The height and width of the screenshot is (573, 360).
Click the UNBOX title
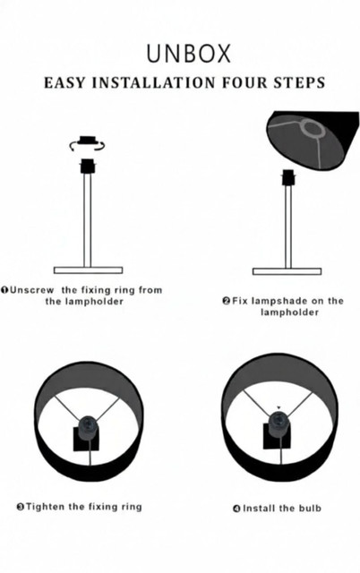coord(189,54)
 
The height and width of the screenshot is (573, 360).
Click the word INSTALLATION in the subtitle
coord(153,82)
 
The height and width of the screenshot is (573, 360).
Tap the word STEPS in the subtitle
coord(299,82)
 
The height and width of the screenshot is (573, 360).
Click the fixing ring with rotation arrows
coord(87,143)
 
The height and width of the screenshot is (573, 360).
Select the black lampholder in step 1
coord(88,167)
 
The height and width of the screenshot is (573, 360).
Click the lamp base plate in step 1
coord(88,270)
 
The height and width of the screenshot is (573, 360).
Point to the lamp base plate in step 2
coord(287,271)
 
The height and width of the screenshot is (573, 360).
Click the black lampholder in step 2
coord(288,177)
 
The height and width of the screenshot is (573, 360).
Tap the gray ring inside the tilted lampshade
coord(313,129)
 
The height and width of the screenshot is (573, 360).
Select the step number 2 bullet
coord(227,301)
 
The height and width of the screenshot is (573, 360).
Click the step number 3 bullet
coord(21,507)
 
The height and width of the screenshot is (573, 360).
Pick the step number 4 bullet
coord(236,509)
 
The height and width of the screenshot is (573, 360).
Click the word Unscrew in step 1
coord(32,290)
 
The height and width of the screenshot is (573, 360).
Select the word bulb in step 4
coord(310,508)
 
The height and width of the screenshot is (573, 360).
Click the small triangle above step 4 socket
coord(279,407)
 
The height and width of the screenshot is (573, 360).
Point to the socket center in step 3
coord(89,425)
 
